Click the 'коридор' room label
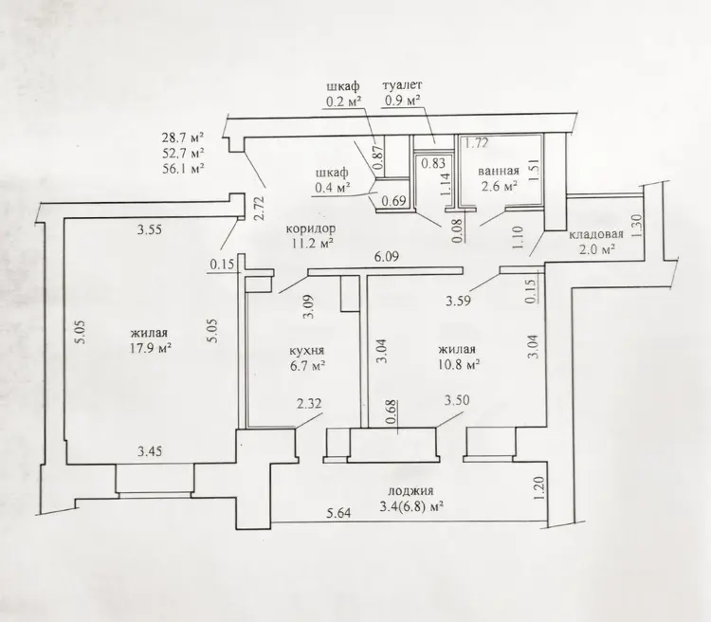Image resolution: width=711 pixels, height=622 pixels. tap(311, 229)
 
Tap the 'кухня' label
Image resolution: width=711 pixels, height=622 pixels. tap(307, 351)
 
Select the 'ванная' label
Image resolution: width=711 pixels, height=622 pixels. tap(499, 171)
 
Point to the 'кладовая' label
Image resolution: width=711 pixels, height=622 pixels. tap(596, 234)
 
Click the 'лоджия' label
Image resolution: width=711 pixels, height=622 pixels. tap(410, 491)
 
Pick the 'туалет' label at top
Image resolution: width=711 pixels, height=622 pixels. tap(403, 85)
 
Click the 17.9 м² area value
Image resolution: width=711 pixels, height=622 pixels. tap(151, 348)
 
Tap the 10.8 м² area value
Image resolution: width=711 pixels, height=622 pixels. tap(460, 364)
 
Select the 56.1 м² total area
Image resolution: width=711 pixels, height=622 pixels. tap(183, 169)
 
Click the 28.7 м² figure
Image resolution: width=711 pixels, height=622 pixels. tap(183, 137)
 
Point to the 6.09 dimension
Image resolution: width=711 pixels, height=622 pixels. tap(386, 257)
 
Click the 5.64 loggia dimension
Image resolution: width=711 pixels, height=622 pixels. tap(338, 513)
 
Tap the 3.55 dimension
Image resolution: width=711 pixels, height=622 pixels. tap(150, 229)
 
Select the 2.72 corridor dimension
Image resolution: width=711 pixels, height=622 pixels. tap(259, 208)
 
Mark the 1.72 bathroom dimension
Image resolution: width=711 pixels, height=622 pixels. tap(477, 144)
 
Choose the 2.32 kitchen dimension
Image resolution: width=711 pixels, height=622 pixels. tap(309, 403)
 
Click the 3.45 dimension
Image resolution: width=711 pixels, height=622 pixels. tap(150, 451)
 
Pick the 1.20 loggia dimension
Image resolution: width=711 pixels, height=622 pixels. tap(538, 488)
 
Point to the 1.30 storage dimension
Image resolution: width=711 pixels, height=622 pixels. tap(637, 227)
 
